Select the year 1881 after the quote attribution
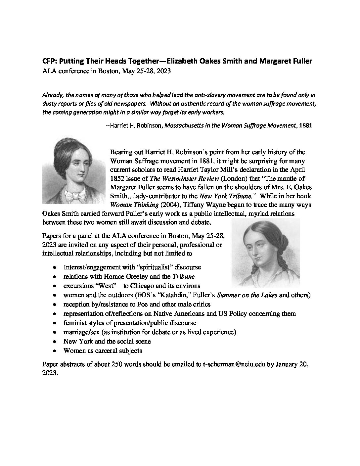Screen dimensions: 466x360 pyautogui.click(x=305, y=126)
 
